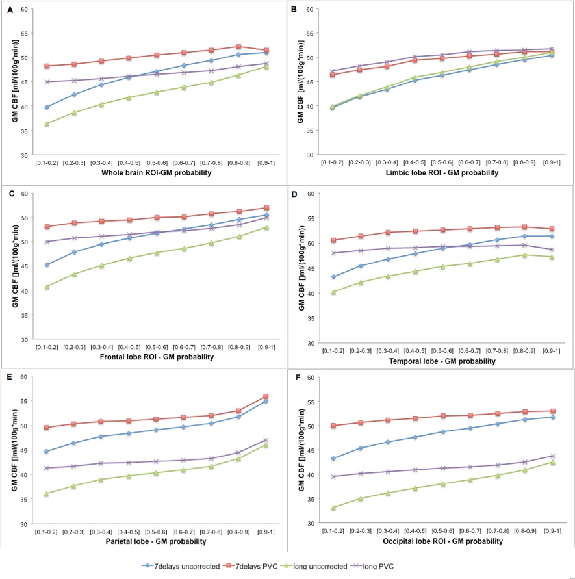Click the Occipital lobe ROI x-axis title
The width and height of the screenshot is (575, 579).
pyautogui.click(x=434, y=541)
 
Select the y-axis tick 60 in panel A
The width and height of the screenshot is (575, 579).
pyautogui.click(x=23, y=9)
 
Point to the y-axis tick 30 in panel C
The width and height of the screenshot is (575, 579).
pyautogui.click(x=23, y=339)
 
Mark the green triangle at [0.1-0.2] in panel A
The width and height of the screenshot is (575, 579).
pyautogui.click(x=47, y=123)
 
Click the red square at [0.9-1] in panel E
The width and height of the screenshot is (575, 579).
pyautogui.click(x=266, y=396)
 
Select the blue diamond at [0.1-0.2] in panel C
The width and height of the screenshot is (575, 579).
pyautogui.click(x=47, y=264)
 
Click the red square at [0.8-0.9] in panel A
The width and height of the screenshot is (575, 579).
pyautogui.click(x=238, y=47)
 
